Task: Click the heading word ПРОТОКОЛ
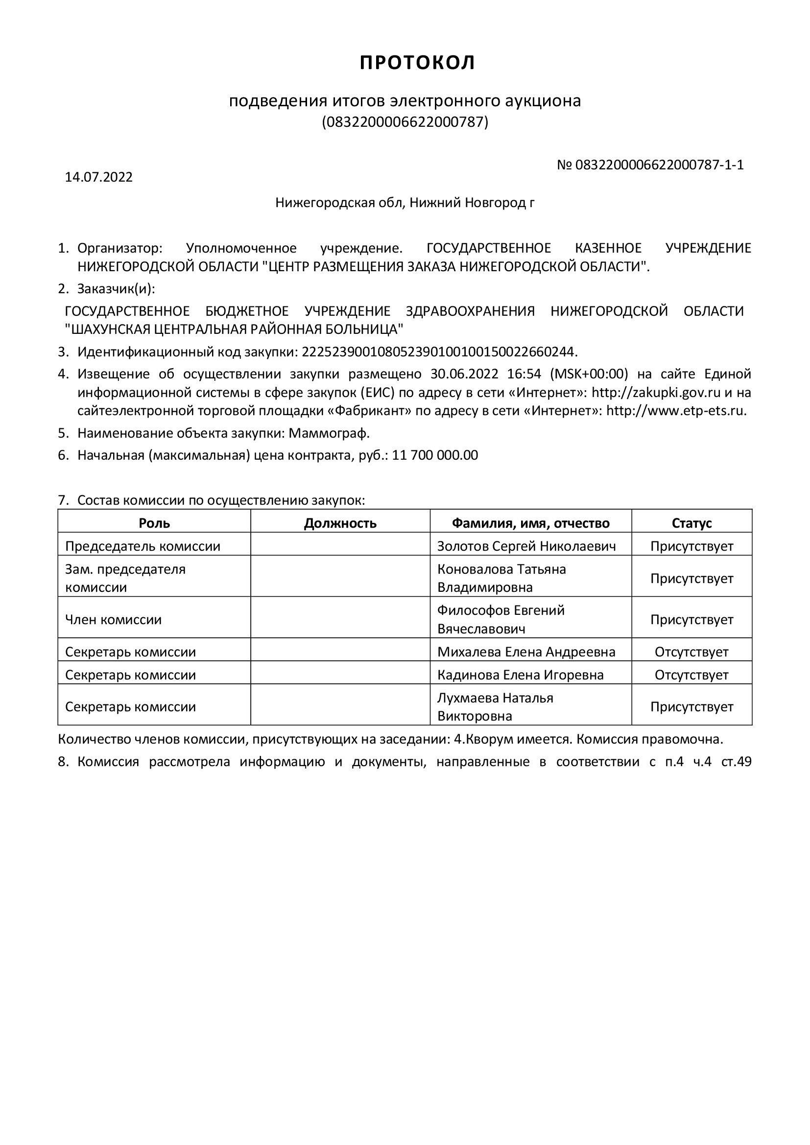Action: (x=418, y=63)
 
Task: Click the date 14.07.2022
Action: (x=99, y=178)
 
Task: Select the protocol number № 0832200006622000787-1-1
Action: (x=650, y=165)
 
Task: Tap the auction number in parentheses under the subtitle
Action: (x=405, y=122)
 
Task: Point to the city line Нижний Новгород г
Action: (x=405, y=203)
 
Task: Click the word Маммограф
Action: (x=329, y=433)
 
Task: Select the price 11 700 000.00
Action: (x=435, y=455)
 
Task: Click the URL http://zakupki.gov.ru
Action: (x=656, y=393)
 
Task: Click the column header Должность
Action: (x=340, y=523)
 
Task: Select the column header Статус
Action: (x=691, y=523)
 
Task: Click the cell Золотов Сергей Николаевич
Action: (x=526, y=546)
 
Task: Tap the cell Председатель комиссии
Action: (x=143, y=546)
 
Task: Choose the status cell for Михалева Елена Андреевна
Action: (x=691, y=652)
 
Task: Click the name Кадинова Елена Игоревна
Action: (x=520, y=675)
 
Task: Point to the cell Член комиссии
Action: (x=114, y=620)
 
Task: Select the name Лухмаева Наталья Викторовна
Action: (x=495, y=707)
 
